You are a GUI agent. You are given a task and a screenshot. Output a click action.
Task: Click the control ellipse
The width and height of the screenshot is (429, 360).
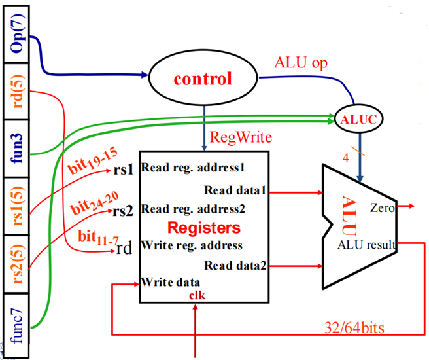(x=202, y=79)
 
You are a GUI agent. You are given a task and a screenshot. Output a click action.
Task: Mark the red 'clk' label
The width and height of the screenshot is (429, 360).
(x=197, y=295)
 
